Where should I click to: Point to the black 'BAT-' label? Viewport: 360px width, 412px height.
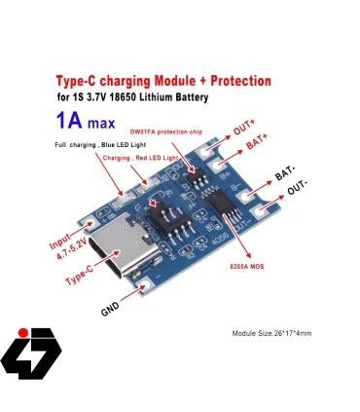click(x=287, y=175)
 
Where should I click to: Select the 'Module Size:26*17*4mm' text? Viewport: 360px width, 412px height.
click(x=271, y=334)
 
